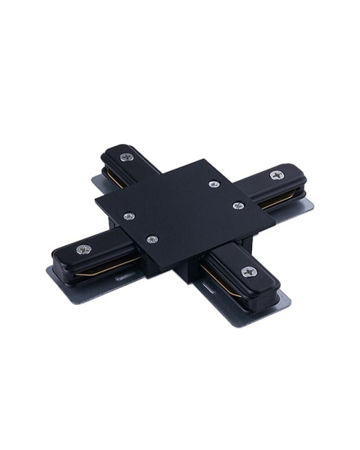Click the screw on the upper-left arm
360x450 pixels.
[x=126, y=157]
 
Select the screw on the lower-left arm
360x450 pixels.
[x=82, y=249]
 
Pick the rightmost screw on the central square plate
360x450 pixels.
[x=238, y=205]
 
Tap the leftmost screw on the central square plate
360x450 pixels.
[x=128, y=217]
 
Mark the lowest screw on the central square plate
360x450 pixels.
[x=152, y=239]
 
